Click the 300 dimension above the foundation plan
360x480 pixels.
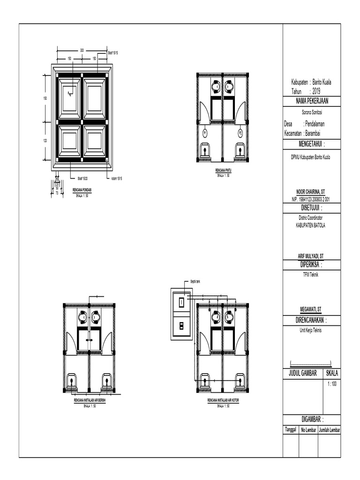point(82,50)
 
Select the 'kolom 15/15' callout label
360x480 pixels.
point(117,178)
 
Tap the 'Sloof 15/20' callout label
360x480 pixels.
point(82,178)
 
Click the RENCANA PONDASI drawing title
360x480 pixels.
point(82,190)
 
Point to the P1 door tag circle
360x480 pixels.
point(205,134)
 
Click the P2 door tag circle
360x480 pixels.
point(240,134)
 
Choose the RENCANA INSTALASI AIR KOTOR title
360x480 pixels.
point(223,401)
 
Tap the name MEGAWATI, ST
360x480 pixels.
point(311,310)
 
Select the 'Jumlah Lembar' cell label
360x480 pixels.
point(330,429)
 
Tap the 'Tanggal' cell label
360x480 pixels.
point(291,429)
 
